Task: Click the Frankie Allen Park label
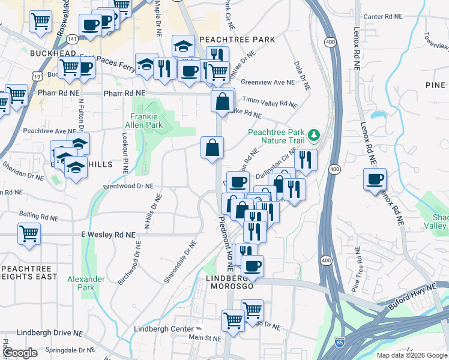[x=147, y=120]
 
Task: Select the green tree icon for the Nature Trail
[x=313, y=133]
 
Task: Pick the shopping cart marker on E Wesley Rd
[x=29, y=233]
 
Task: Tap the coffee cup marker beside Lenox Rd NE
[x=376, y=179]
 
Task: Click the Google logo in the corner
[x=20, y=353]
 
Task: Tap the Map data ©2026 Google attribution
[x=411, y=355]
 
